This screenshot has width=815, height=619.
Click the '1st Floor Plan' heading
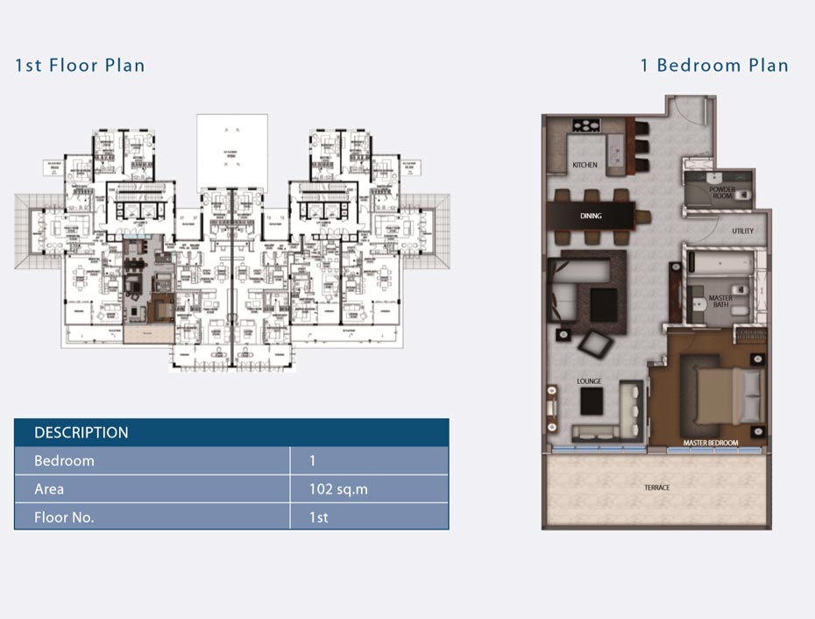pos(80,65)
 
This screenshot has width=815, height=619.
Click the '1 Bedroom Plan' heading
pos(713,65)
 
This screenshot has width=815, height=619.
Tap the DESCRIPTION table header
pos(81,432)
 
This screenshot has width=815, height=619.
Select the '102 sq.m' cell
pos(338,489)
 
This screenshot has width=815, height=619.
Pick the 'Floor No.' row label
pos(64,517)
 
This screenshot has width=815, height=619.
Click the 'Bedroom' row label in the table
pos(64,461)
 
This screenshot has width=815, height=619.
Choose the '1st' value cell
pos(319,517)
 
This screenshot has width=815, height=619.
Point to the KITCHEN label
pos(585,165)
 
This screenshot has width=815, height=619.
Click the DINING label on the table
pos(591,216)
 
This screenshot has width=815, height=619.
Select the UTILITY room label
pos(743,231)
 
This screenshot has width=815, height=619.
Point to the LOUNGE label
pos(590,381)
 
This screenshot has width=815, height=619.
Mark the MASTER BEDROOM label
pos(710,443)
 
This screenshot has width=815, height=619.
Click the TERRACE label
pos(656,487)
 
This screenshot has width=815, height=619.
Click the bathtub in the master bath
pos(719,262)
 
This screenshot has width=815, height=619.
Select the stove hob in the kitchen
pos(585,125)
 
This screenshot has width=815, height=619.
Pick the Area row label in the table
pos(49,489)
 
